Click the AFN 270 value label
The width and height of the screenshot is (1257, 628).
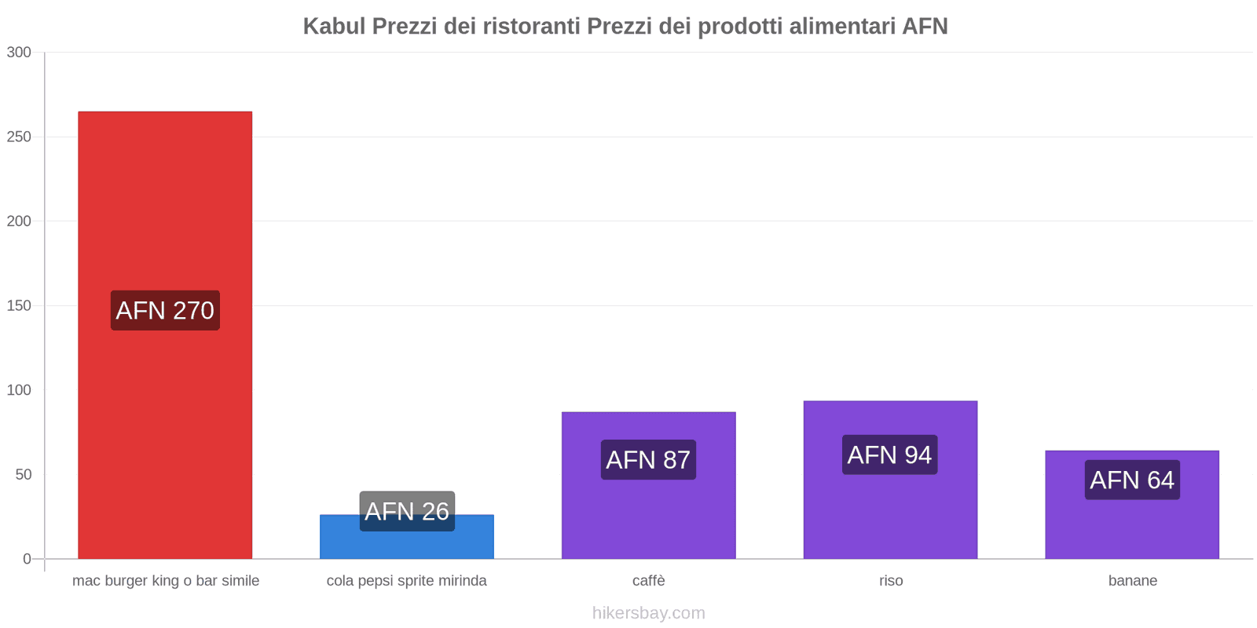coord(165,311)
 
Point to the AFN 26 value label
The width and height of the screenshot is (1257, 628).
coord(407,511)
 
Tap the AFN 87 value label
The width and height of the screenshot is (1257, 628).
coord(648,460)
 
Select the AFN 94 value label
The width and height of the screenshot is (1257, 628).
coord(889,455)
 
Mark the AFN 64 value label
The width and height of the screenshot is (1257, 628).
coord(1132,480)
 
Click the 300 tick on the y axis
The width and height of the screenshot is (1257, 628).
coord(19,53)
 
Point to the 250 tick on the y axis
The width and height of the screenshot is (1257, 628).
coord(19,137)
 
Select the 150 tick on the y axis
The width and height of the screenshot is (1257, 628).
coord(19,306)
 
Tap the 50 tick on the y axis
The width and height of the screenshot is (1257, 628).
coord(23,475)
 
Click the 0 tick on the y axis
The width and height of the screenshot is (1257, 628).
coord(27,559)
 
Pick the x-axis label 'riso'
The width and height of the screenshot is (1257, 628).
coord(891,581)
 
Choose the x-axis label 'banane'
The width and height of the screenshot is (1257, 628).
coord(1132,581)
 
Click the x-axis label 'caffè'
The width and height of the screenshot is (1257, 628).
coord(648,581)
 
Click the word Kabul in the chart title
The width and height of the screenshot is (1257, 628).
coord(334,27)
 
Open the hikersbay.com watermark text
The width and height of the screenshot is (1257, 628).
coord(648,613)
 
